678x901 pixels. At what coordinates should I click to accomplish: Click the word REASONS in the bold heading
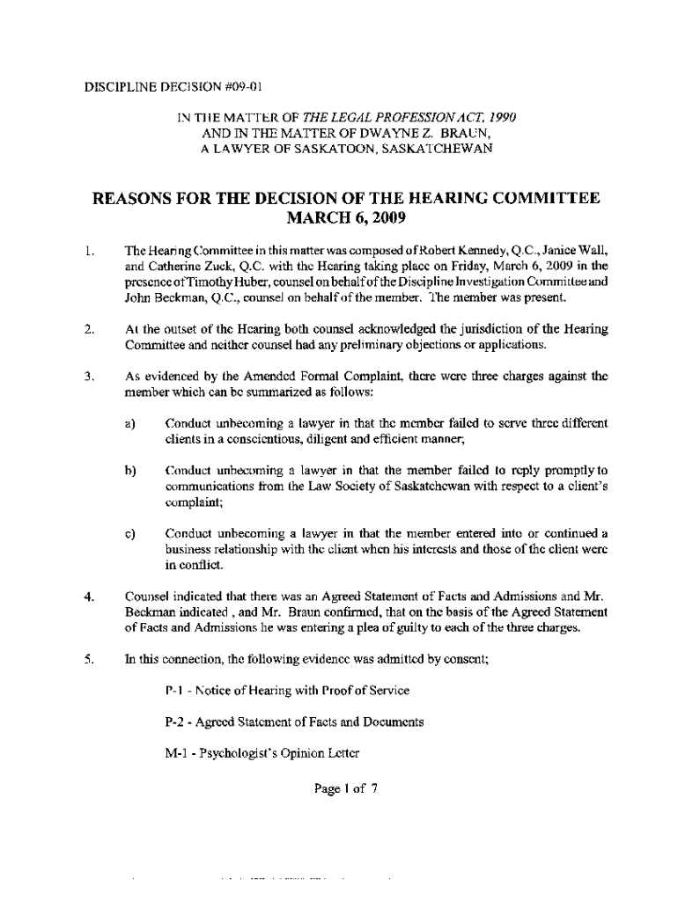click(144, 199)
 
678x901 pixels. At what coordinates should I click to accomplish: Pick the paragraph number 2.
click(89, 328)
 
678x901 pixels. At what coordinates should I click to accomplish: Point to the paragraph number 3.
click(89, 376)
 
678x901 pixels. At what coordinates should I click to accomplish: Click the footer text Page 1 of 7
click(346, 788)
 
